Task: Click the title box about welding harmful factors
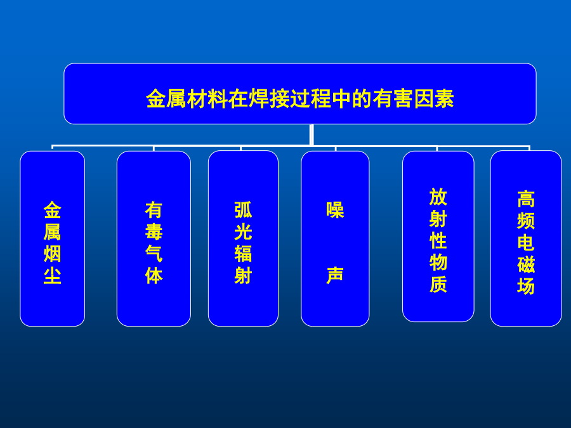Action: [x=299, y=94]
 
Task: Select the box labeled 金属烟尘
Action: [x=53, y=239]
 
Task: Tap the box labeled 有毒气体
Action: [x=154, y=239]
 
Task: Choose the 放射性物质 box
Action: [x=438, y=237]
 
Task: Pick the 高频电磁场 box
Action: [x=526, y=239]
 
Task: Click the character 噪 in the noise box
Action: [x=335, y=210]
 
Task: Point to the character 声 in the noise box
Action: [x=335, y=275]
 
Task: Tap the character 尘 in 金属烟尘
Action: [x=53, y=276]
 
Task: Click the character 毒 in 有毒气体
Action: [x=154, y=232]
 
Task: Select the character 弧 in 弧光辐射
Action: [x=243, y=210]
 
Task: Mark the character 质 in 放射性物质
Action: [x=438, y=284]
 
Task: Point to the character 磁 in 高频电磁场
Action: [x=526, y=264]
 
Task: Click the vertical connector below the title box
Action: [x=312, y=135]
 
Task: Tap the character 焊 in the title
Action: [x=259, y=99]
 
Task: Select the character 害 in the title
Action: [x=403, y=99]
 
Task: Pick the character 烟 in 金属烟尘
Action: [x=53, y=254]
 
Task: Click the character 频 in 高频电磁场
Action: [x=526, y=221]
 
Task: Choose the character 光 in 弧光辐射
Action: [x=243, y=232]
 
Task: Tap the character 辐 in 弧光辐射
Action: [x=243, y=254]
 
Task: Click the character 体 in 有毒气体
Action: [x=154, y=276]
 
